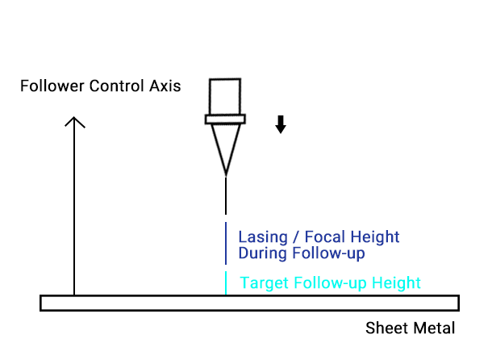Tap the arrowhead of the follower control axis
[x=75, y=122]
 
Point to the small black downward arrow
[x=281, y=124]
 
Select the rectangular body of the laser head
[x=225, y=96]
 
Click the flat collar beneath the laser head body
[x=225, y=120]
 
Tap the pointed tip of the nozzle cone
[x=226, y=172]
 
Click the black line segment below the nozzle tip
[x=226, y=197]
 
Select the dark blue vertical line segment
[x=226, y=243]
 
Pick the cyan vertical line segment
[x=226, y=283]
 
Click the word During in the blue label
[x=261, y=253]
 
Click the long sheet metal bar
[x=249, y=303]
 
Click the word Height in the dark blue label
[x=374, y=237]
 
